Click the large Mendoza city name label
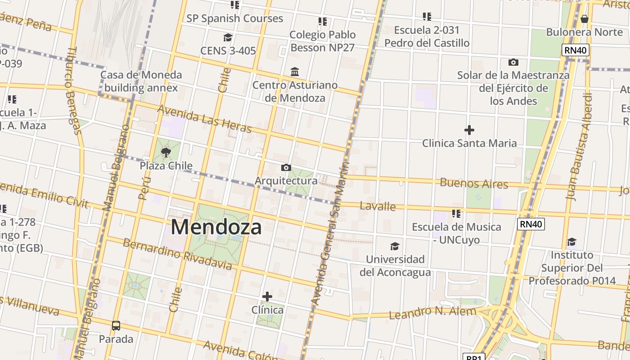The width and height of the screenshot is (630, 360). tap(216, 227)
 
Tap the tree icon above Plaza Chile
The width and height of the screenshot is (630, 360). tap(166, 153)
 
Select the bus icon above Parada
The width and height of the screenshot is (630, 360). tap(116, 325)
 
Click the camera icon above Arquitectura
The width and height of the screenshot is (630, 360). tap(286, 168)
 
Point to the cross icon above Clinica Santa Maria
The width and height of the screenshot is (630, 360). tap(469, 130)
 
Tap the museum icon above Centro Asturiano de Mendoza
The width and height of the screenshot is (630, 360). tap(295, 72)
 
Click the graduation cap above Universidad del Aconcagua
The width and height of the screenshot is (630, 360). tap(395, 246)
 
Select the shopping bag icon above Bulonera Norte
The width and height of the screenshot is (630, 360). tap(584, 19)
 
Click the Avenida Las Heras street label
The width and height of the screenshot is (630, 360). tap(204, 119)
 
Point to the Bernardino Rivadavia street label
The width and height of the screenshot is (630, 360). tap(177, 255)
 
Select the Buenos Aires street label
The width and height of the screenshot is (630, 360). tap(474, 183)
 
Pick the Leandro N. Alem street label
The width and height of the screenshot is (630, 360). tap(432, 313)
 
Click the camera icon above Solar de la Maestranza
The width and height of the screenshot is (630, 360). tap(513, 62)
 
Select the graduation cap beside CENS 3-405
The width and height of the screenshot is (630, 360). tap(228, 37)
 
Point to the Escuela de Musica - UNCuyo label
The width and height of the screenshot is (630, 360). tap(456, 233)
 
